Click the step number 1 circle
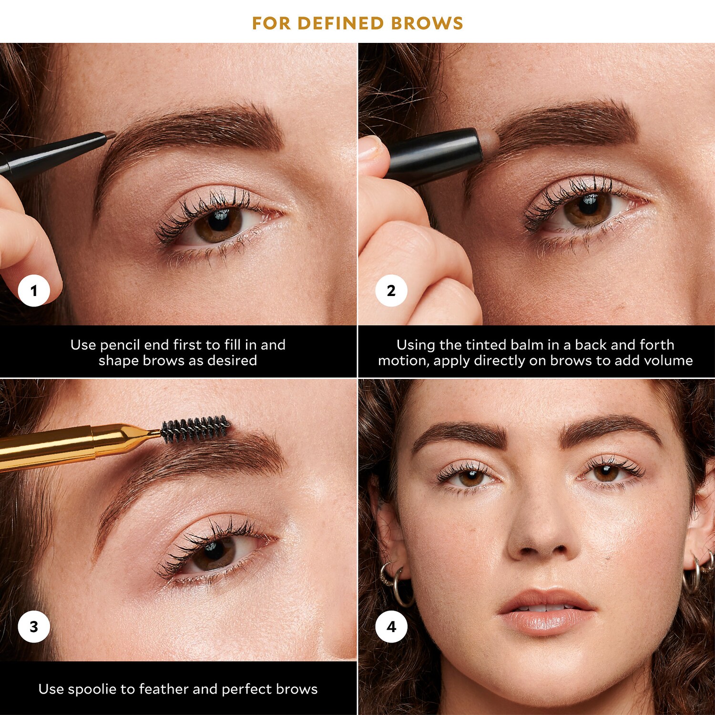click(x=34, y=290)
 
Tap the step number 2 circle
click(x=391, y=290)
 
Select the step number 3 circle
click(x=34, y=626)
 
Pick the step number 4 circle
click(x=391, y=626)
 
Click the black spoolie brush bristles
click(x=195, y=428)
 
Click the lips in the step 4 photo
click(x=546, y=612)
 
